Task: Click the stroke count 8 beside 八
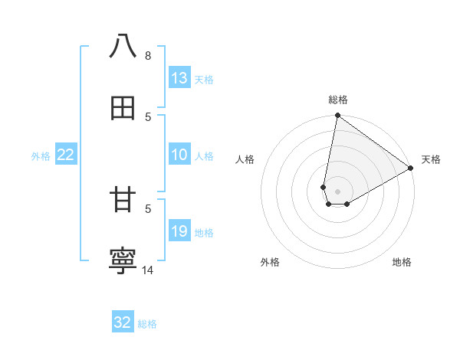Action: (147, 55)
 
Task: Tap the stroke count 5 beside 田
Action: (147, 116)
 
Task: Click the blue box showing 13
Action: (179, 78)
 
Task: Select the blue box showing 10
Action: (179, 155)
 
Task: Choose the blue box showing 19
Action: (179, 231)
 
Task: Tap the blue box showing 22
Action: (66, 155)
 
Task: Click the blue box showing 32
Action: (123, 322)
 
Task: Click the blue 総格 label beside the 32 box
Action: (147, 324)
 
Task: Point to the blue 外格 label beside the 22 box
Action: (41, 156)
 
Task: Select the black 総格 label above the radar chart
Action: (338, 100)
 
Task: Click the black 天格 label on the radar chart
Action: (431, 159)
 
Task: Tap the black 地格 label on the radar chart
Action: (402, 262)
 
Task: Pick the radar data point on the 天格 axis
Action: (411, 169)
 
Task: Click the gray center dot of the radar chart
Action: (338, 191)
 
